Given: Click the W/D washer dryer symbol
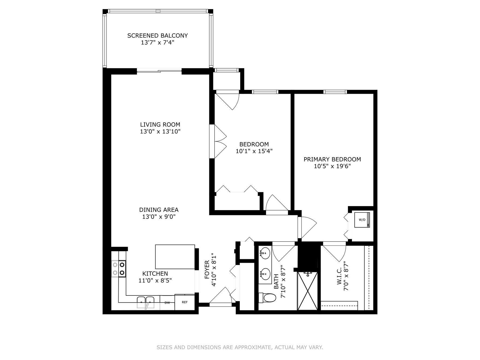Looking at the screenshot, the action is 362,220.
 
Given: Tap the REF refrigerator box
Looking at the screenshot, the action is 185,302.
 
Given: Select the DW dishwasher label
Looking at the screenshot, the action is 167,303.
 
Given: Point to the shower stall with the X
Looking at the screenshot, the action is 308,291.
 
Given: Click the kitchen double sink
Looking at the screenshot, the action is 146,302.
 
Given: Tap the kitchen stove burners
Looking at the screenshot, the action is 119,269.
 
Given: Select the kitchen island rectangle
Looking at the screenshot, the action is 175,257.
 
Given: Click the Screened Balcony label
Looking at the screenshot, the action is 157,35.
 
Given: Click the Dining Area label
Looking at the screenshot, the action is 159,210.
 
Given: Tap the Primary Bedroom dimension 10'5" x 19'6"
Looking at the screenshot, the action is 332,166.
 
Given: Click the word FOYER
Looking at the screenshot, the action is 207,270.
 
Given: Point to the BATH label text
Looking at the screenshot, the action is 276,281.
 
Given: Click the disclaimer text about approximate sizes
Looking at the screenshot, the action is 240,347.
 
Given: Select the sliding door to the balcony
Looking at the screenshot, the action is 159,71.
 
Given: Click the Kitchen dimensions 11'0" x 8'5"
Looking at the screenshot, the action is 155,281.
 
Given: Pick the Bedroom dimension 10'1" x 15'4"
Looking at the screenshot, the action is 254,151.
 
